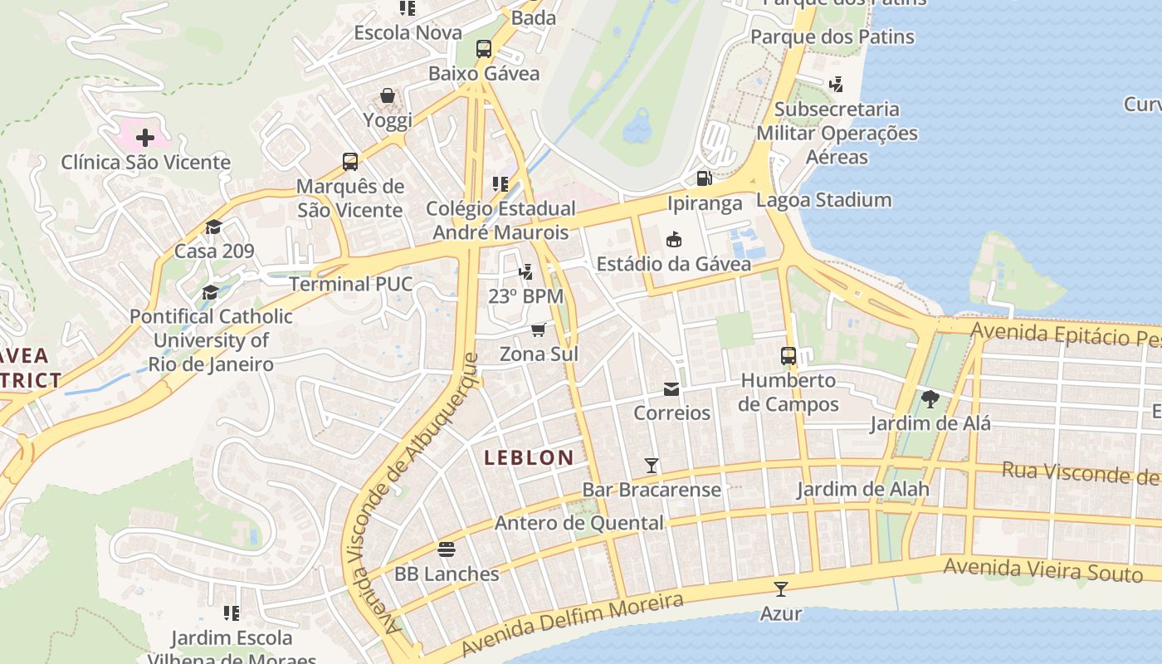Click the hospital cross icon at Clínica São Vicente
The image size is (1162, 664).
pyautogui.click(x=145, y=137)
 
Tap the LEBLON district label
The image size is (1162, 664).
pyautogui.click(x=529, y=457)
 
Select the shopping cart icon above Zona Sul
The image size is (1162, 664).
pyautogui.click(x=539, y=330)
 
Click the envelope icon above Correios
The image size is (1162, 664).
pyautogui.click(x=671, y=389)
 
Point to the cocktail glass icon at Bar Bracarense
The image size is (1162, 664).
pyautogui.click(x=652, y=466)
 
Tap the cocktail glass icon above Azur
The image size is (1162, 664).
pyautogui.click(x=780, y=589)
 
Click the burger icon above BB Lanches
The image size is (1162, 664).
pyautogui.click(x=447, y=549)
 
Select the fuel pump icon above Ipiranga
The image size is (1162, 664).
pyautogui.click(x=704, y=178)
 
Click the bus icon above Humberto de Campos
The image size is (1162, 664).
pyautogui.click(x=788, y=356)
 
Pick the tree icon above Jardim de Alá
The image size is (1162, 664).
pyautogui.click(x=930, y=399)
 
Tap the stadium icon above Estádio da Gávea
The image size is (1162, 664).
pyautogui.click(x=674, y=240)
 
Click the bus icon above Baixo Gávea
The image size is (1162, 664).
pyautogui.click(x=484, y=49)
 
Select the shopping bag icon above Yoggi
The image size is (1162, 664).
pyautogui.click(x=388, y=95)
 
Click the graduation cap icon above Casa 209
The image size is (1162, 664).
pyautogui.click(x=214, y=227)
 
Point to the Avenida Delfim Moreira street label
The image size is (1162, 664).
pyautogui.click(x=572, y=624)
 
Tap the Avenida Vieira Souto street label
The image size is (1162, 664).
pyautogui.click(x=1042, y=570)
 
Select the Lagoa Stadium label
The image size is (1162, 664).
pyautogui.click(x=823, y=200)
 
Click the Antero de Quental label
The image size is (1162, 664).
pyautogui.click(x=579, y=523)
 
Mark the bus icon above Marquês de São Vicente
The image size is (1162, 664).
pyautogui.click(x=350, y=161)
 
